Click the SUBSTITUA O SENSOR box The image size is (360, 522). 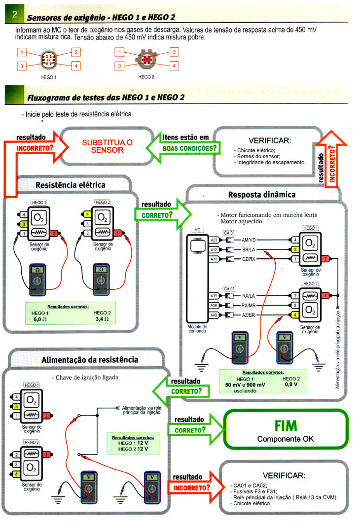point(107,145)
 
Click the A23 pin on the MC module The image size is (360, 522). point(214,240)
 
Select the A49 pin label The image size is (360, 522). point(214,315)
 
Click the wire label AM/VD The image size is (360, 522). point(248,240)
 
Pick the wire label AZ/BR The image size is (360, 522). point(248,315)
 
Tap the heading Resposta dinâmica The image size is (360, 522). point(261,195)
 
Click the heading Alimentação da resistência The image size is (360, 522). point(87,360)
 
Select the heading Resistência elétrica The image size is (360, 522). point(71,185)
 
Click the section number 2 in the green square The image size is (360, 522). point(15,16)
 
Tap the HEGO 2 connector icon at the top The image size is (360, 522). point(146,59)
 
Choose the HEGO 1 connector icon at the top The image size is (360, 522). point(48,59)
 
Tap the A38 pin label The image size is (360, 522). point(214,306)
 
